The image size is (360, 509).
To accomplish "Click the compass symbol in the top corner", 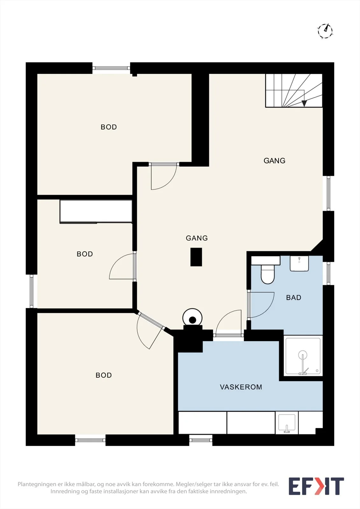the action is point(325,31).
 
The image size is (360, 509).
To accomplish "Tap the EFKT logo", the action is point(316,486).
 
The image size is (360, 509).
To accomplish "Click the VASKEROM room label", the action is point(241,387).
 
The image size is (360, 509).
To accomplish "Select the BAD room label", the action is point(293,297).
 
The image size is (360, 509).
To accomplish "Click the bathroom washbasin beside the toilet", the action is point(299,263).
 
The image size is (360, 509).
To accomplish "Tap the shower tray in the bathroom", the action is point(303,356).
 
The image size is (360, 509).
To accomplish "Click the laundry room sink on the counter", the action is point(286,423).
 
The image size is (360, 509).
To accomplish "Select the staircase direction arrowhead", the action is point(304,103).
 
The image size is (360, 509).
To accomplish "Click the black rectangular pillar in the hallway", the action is point(196,257).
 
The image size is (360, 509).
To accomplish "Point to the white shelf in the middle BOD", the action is point(96,211).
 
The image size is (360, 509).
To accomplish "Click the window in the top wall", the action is point(111,68).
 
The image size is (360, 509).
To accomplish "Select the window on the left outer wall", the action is point(32,291).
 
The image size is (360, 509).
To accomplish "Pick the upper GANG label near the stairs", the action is point(274,161).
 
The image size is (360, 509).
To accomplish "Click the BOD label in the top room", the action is point(109,127).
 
